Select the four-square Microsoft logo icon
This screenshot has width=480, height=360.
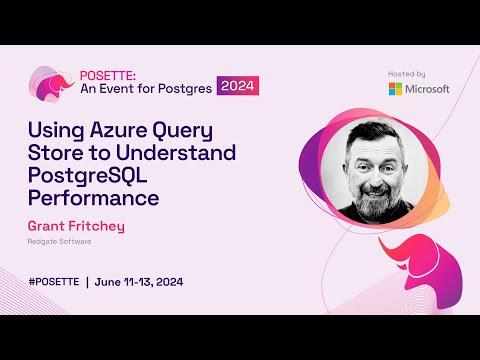click(397, 88)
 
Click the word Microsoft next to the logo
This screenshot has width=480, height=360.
click(428, 88)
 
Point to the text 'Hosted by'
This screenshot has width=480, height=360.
click(406, 73)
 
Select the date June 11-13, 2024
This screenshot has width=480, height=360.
click(140, 282)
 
